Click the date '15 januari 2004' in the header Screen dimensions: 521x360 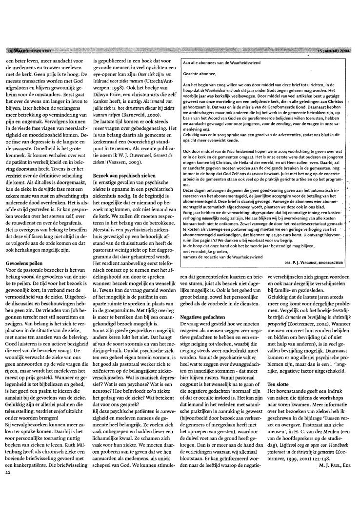click(x=333, y=50)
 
